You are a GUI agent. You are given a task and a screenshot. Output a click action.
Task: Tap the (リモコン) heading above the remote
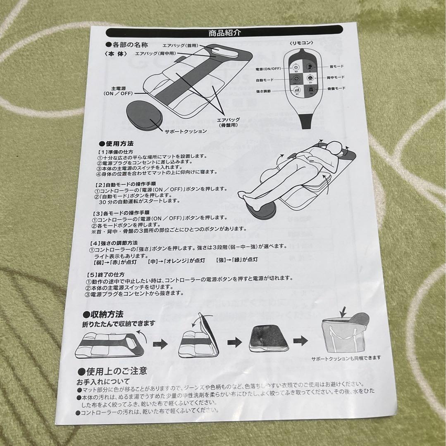point(301,43)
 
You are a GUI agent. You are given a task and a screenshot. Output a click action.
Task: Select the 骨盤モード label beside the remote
point(334,88)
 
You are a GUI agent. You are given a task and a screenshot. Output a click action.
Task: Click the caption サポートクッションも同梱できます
point(346,358)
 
